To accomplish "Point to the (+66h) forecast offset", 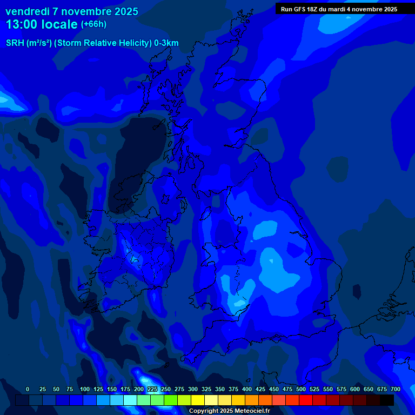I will (93, 24).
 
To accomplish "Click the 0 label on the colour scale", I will (28, 389).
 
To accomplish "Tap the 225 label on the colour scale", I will (152, 389).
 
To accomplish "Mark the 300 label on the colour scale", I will (193, 389).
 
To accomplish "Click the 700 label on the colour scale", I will (396, 389).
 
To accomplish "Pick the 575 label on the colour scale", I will (342, 389).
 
